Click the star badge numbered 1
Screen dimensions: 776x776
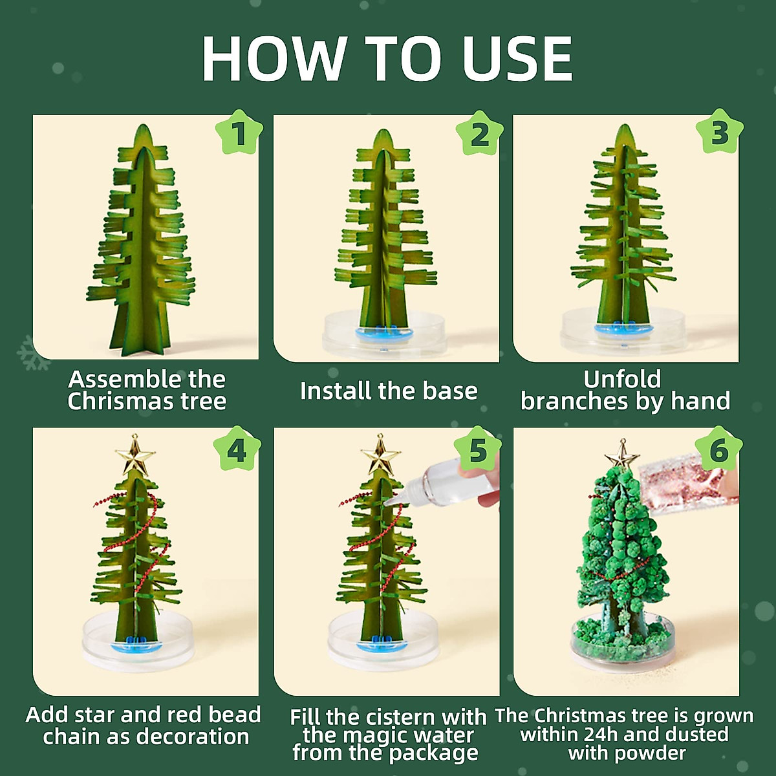pyautogui.click(x=239, y=134)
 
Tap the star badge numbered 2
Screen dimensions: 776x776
pyautogui.click(x=479, y=134)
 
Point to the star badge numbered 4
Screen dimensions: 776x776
pyautogui.click(x=237, y=449)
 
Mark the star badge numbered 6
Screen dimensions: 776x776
pyautogui.click(x=718, y=449)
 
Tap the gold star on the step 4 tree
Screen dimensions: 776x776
pyautogui.click(x=135, y=456)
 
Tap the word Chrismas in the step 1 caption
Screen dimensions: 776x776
pyautogui.click(x=121, y=402)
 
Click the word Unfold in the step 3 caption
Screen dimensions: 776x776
pyautogui.click(x=622, y=379)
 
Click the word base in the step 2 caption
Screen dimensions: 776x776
pyautogui.click(x=449, y=391)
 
